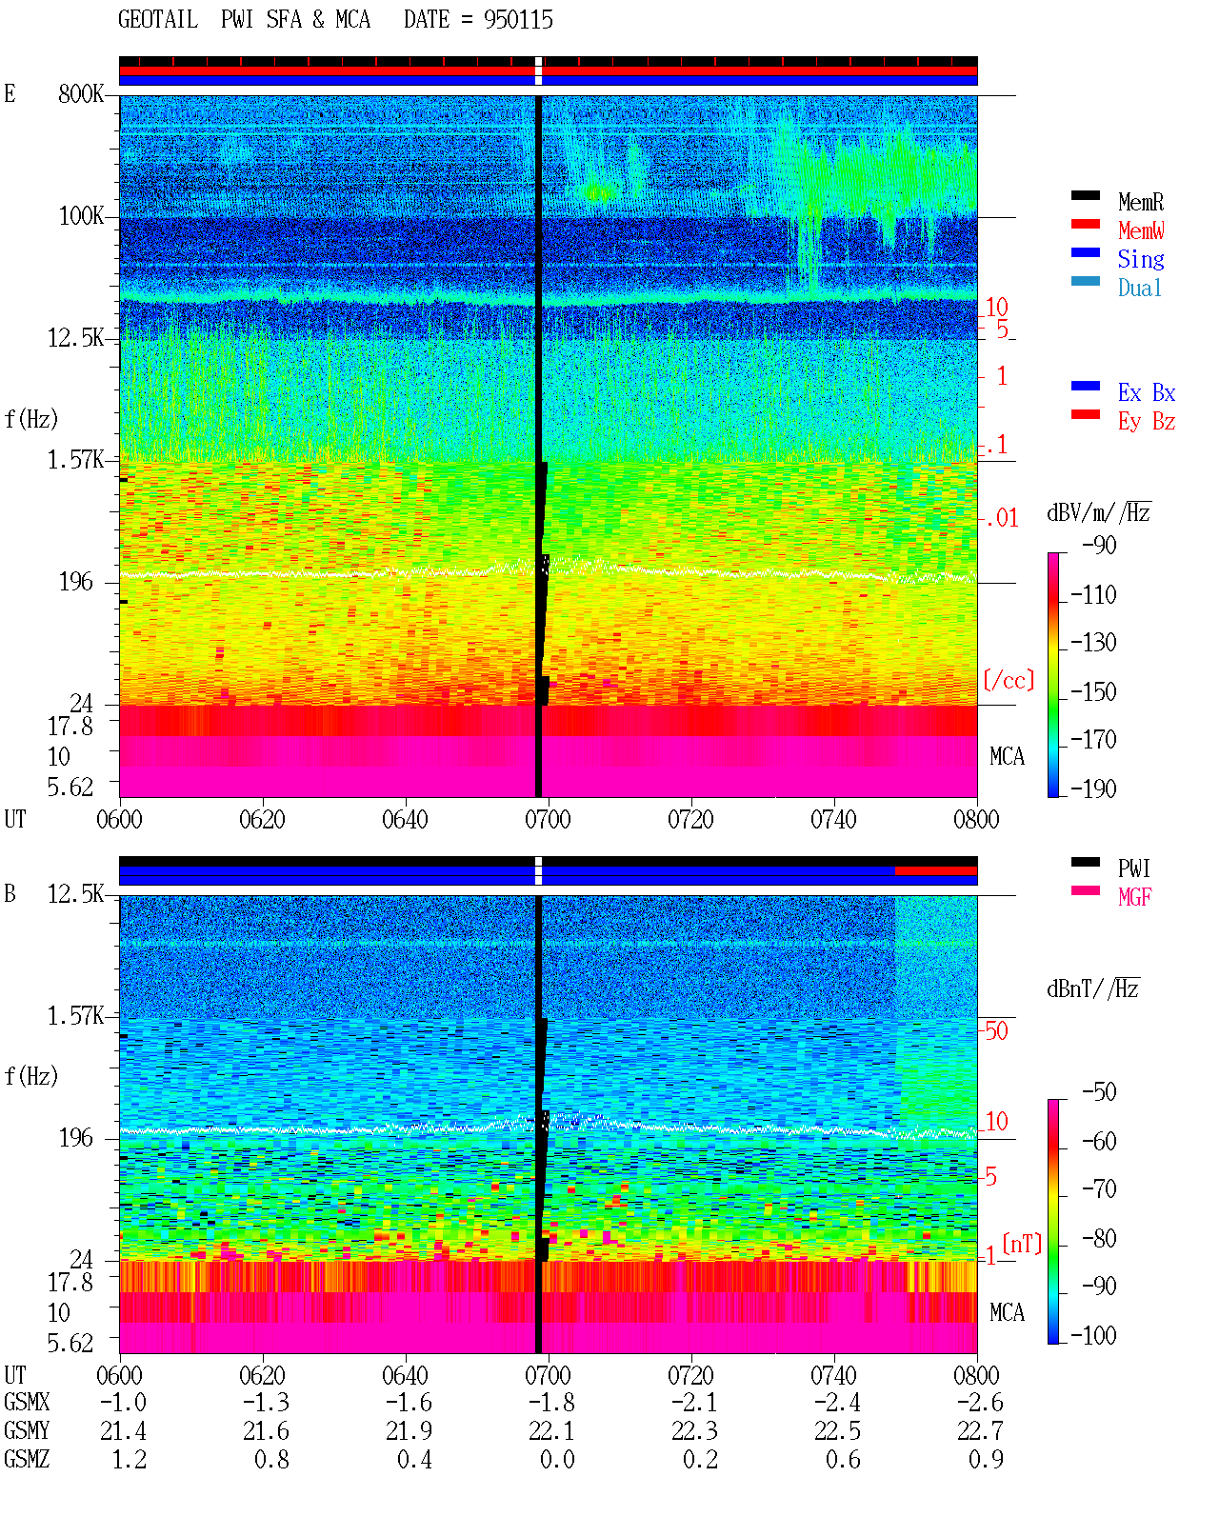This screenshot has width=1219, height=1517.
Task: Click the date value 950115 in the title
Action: coord(518,20)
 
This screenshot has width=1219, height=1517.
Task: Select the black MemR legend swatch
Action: coord(1085,195)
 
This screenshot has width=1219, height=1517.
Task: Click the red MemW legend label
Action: coord(1141,230)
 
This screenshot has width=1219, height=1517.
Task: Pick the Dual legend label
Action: coord(1139,288)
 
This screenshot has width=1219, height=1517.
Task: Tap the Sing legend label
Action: coord(1140,259)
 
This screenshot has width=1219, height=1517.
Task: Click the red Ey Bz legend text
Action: coord(1147,422)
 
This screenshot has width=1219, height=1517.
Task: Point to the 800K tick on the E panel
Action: coord(81,93)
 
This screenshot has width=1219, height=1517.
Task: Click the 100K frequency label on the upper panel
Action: coord(81,216)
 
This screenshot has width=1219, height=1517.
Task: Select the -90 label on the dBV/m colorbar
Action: coord(1099,545)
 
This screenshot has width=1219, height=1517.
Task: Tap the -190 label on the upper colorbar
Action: coord(1093,788)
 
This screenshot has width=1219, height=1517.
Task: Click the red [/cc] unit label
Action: coord(1009,680)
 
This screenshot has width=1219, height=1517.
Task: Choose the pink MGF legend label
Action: coord(1134,897)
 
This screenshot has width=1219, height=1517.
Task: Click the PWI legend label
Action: coord(1133,868)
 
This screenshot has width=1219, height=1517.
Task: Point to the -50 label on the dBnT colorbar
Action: coord(1099,1092)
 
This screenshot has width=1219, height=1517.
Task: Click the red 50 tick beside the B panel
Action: coord(996,1031)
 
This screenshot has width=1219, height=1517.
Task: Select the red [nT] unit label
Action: coord(1022,1244)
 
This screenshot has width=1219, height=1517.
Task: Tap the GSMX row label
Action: coord(27,1402)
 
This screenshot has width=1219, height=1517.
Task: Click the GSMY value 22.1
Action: coord(551,1431)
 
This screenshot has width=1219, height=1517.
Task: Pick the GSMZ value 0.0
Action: coord(557,1459)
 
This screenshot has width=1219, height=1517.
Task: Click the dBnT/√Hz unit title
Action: coord(1093,989)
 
